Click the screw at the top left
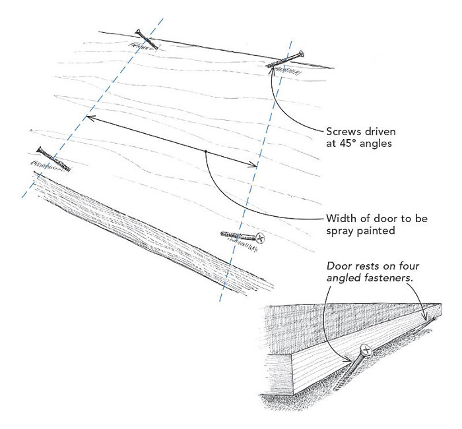(x=146, y=40)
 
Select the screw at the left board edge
(x=51, y=158)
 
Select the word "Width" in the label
(x=341, y=218)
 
